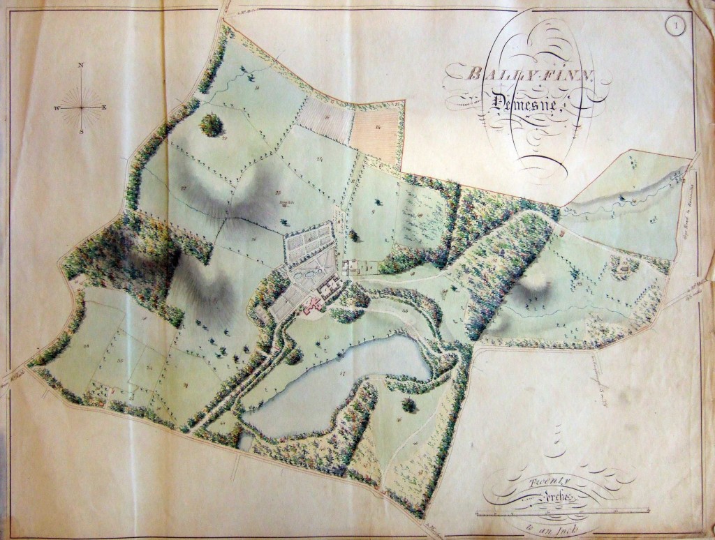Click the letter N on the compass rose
tap(82, 65)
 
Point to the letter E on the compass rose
tap(105, 107)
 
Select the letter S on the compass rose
tap(82, 130)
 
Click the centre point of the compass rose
tap(82, 108)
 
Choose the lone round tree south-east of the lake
tap(408, 404)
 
